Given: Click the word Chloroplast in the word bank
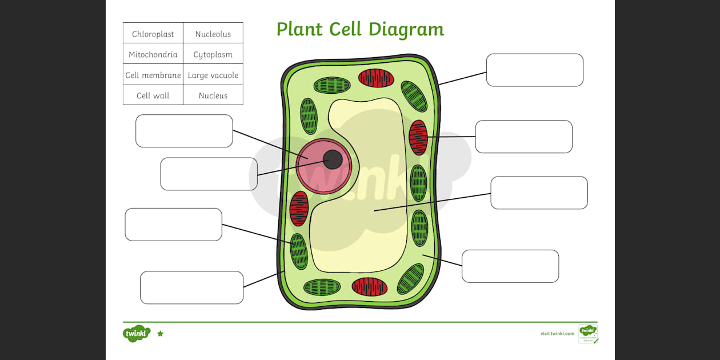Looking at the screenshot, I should point(153,34).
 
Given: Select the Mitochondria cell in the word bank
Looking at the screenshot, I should point(153,55).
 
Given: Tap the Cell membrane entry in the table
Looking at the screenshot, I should point(153,75).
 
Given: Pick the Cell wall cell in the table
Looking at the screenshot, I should point(153,96).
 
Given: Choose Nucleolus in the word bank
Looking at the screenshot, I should point(213,34).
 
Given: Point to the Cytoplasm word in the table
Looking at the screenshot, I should point(213,55).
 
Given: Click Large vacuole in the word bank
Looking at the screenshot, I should point(213,75).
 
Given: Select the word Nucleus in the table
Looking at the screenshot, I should point(213,96).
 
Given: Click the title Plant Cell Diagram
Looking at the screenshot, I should point(360,29).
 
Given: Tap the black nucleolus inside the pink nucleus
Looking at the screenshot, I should point(333,159).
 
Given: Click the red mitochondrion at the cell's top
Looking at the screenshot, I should point(376,78).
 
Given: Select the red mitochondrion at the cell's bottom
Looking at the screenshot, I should point(370,286).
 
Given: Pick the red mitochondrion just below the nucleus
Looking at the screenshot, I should point(299,209).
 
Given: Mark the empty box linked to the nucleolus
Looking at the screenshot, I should point(209,174).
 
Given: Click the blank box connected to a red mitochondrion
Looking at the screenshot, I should point(523,137).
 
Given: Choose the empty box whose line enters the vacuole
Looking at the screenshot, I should point(539,193).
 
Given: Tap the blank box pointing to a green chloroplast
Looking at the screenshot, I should point(173,225).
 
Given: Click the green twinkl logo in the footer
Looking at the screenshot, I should point(136,333).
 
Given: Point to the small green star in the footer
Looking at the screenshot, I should point(160,334).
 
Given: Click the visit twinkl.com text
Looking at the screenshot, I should point(557,334).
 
